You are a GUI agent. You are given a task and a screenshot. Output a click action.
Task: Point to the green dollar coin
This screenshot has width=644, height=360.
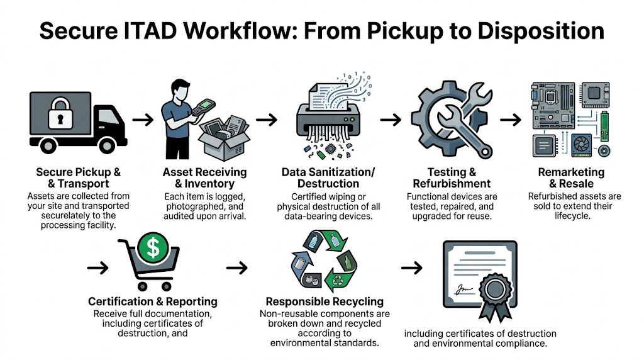153,247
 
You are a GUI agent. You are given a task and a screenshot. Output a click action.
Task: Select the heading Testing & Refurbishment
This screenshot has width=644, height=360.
451,178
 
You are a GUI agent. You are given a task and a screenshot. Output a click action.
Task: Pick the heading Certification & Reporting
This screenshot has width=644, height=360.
153,301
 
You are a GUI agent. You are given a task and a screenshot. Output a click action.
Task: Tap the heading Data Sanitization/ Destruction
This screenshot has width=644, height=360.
328,178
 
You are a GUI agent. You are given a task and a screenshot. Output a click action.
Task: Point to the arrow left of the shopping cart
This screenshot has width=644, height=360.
97,267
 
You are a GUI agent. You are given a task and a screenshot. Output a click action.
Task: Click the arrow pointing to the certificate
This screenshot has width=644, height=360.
411,267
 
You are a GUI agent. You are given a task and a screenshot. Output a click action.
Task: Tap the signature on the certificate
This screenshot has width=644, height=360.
465,288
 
